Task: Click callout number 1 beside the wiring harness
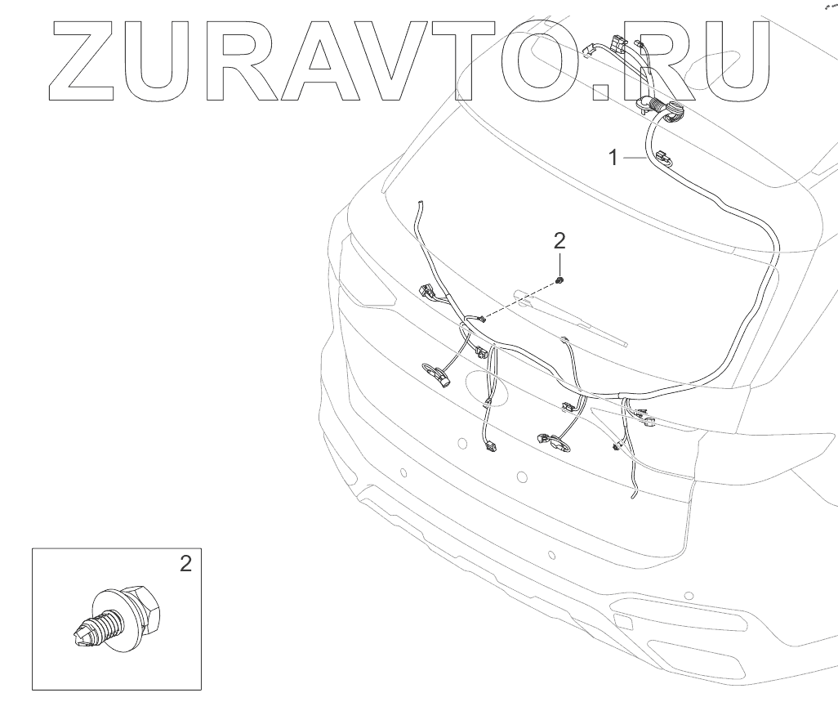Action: coord(614,158)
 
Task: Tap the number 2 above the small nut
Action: coord(559,240)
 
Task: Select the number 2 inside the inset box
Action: coord(186,563)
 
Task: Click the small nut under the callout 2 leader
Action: coord(559,281)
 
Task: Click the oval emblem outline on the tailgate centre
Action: coord(487,386)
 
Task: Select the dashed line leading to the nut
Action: coord(519,300)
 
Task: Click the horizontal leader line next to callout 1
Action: coord(635,158)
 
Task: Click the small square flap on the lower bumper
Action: coord(622,622)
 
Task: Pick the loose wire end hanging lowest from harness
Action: coord(631,494)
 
